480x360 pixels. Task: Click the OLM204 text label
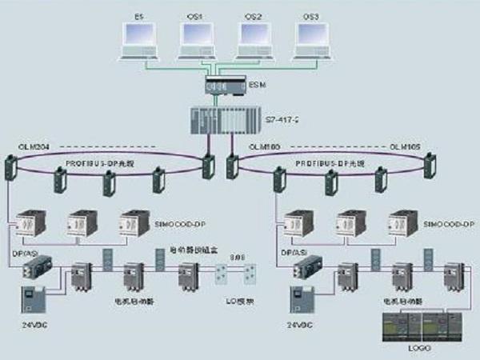tap(35, 148)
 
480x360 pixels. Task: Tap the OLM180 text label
tap(266, 148)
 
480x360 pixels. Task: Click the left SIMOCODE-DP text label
tap(178, 226)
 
